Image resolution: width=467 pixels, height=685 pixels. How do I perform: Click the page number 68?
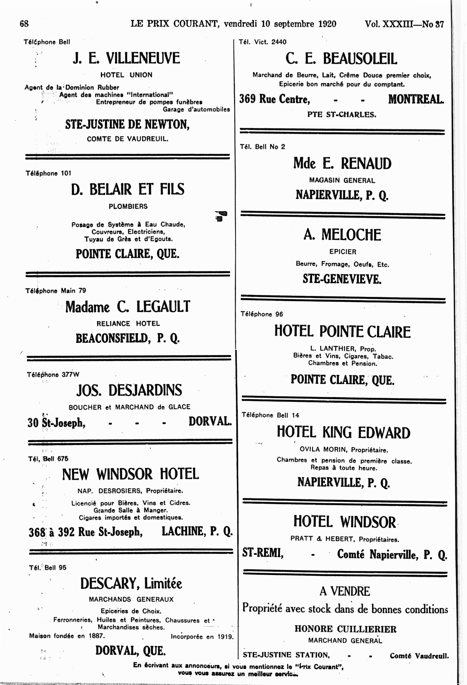24,24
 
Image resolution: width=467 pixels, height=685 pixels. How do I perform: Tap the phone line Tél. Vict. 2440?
262,42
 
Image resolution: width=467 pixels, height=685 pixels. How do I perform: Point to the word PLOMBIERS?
128,206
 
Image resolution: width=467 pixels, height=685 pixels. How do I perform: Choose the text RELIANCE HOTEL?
128,324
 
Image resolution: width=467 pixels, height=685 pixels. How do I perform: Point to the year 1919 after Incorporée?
225,637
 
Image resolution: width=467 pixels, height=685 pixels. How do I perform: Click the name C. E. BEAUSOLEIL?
341,58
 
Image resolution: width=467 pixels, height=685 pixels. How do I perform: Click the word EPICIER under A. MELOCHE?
343,252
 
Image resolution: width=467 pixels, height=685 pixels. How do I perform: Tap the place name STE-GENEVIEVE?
342,279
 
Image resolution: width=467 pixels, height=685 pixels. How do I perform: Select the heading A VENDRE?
345,591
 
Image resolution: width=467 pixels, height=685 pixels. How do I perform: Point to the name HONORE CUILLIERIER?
345,629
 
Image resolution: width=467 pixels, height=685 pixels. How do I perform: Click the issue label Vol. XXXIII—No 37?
404,24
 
